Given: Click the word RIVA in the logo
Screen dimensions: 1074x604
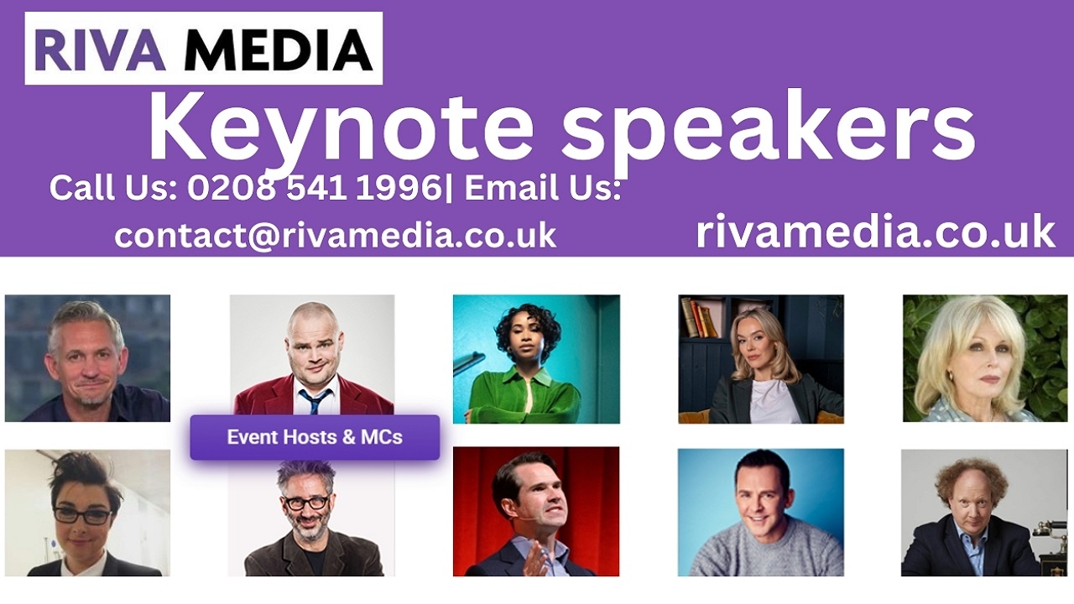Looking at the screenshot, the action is (100, 49).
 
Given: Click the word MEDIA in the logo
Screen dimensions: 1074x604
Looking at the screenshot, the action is (278, 49).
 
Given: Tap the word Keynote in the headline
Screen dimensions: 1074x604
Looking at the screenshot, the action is (341, 129).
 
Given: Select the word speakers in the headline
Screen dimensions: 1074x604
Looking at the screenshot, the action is (769, 129).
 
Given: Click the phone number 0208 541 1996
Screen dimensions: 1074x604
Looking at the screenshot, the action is (315, 187).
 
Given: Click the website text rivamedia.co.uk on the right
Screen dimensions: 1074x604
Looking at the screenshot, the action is (875, 232).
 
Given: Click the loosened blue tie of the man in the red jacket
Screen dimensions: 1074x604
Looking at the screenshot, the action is (314, 401).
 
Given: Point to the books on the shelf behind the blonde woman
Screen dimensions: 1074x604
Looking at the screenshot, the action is (701, 317).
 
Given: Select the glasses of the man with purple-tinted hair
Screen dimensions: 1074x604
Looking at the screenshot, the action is (306, 502).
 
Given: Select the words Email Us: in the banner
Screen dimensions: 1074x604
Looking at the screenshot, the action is (543, 187).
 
